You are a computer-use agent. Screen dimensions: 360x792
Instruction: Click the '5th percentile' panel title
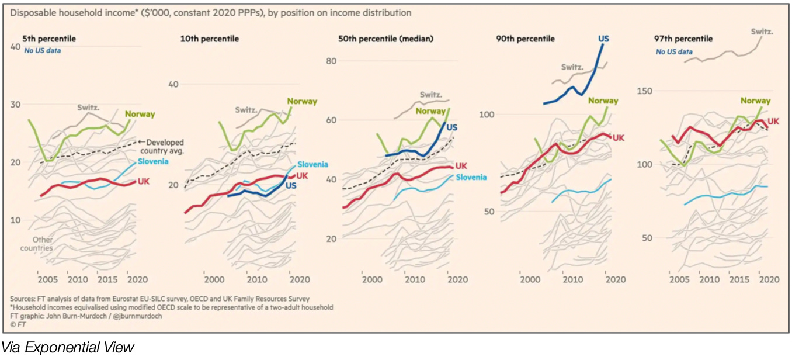click(49, 39)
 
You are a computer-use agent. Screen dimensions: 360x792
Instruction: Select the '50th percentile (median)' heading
click(385, 39)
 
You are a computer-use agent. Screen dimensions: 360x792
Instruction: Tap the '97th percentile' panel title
click(683, 39)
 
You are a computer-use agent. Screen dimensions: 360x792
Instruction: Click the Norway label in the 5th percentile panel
click(140, 115)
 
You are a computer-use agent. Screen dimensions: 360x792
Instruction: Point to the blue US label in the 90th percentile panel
click(603, 39)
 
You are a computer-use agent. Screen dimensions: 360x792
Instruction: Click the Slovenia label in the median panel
click(471, 177)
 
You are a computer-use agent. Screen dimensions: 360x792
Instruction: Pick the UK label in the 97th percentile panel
click(773, 121)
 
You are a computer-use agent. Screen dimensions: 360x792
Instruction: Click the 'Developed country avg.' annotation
click(165, 146)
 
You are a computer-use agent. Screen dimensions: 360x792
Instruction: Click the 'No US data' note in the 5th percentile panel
click(42, 51)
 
